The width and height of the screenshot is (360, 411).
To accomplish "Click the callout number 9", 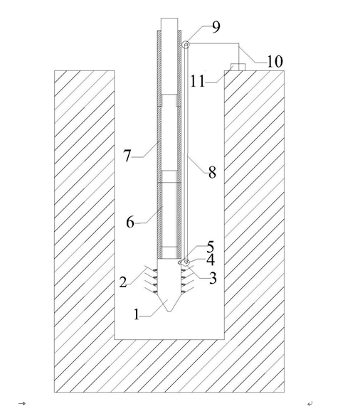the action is tap(216, 27).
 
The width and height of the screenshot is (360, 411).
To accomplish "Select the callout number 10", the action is tap(275, 62).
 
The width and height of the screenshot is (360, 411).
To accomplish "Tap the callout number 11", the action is tap(198, 81).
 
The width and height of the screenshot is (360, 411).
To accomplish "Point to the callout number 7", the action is tap(127, 156).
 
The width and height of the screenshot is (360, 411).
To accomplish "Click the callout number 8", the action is tap(213, 173).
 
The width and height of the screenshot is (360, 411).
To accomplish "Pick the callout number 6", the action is tap(130, 223).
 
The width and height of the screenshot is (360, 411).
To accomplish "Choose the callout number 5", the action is tap(211, 247).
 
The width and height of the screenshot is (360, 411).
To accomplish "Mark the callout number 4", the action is tap(211, 260).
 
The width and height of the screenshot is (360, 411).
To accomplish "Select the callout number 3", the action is tap(213, 278).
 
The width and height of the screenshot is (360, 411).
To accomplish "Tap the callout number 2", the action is tap(123, 282).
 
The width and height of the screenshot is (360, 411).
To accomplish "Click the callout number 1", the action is tap(137, 314).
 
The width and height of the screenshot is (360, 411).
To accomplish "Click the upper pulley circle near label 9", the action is tap(186, 44).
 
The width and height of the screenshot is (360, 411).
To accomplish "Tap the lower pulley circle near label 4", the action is tap(186, 262).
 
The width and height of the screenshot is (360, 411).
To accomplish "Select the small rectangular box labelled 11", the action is tap(238, 67).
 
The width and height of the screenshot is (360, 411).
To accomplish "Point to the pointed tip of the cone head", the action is tap(169, 311).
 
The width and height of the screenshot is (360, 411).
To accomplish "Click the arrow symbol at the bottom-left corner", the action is tap(22, 403).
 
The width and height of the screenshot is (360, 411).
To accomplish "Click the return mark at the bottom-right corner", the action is tap(310, 403).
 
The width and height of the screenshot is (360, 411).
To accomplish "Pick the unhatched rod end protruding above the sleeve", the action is tap(169, 24).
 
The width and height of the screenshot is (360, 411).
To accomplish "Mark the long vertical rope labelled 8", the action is tap(186, 153).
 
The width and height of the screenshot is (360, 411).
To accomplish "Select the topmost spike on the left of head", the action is tap(152, 268).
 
